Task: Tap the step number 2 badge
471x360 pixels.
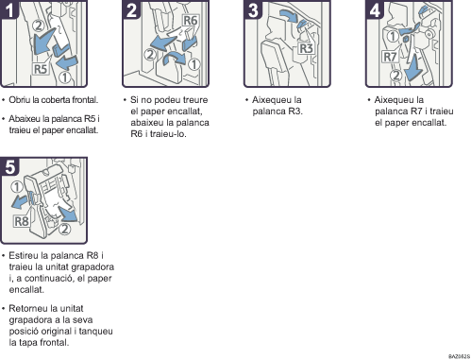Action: coord(131,9)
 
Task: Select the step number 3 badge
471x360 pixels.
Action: coord(253,9)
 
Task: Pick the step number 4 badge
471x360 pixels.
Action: coord(375,9)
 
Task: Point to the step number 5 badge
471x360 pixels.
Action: coord(9,166)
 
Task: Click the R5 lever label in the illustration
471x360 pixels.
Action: coord(41,69)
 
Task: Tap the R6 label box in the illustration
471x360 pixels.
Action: coord(191,21)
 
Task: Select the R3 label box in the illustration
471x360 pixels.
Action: coord(306,48)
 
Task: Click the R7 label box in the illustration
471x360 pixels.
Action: coord(390,57)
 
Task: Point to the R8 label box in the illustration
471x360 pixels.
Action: coord(22,221)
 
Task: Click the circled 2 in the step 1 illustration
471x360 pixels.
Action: coord(39,26)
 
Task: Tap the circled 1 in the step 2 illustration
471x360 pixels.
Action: coord(194,64)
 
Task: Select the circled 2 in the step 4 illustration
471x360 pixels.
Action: coord(396,76)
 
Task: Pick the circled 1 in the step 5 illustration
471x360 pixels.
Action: coord(17,187)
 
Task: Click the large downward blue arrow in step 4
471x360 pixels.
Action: coord(413,67)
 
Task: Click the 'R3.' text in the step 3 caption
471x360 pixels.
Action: coord(295,111)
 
